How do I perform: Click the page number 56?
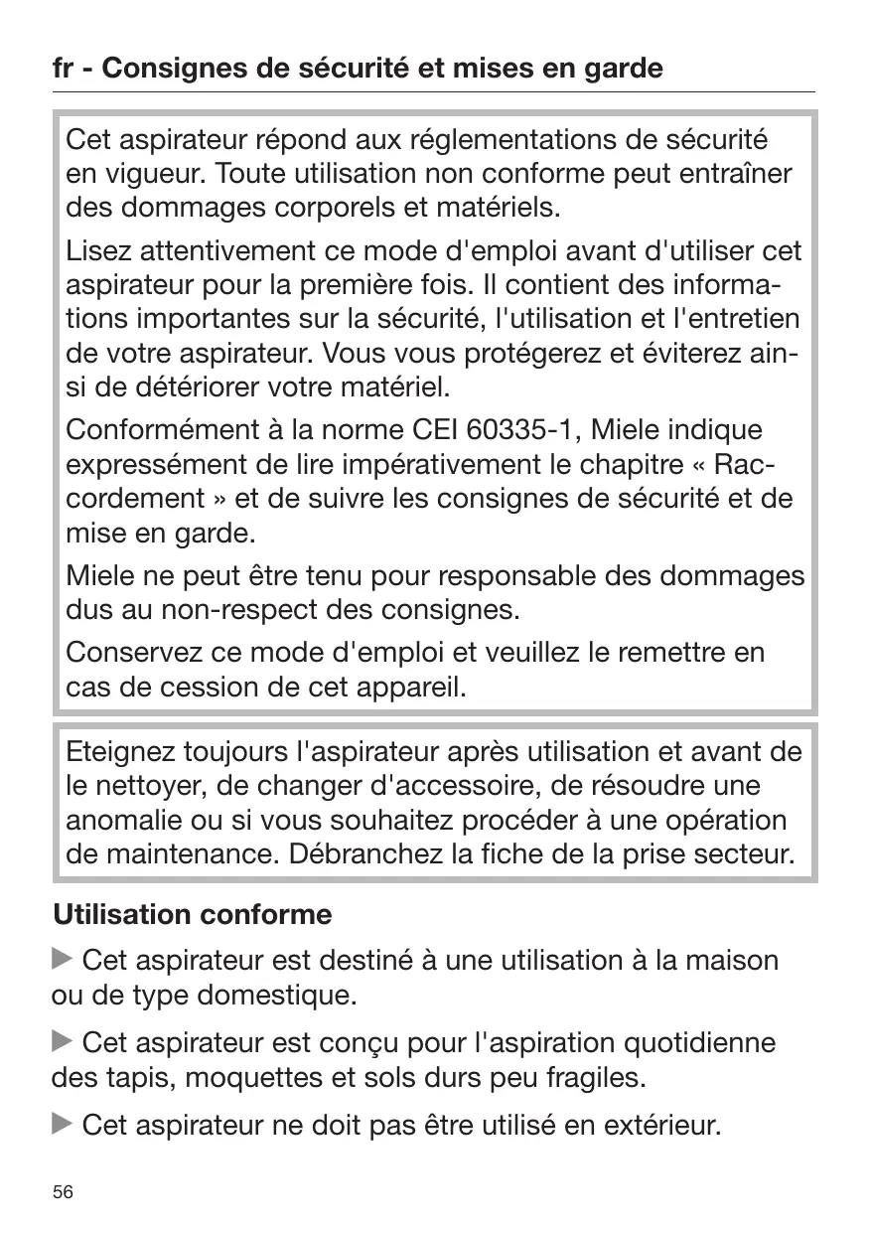coord(63,1193)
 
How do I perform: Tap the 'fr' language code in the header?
coord(64,69)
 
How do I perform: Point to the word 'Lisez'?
coord(96,251)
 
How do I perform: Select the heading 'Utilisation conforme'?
coord(192,913)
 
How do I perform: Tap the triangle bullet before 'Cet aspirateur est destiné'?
coord(63,960)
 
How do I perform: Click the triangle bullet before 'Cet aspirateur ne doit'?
coord(63,1125)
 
